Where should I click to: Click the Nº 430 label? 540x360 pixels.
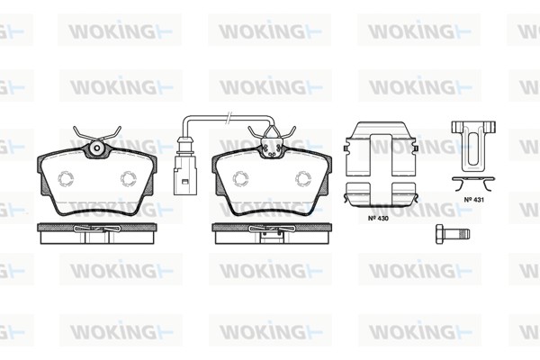tap(378, 218)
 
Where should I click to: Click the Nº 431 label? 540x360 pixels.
tap(473, 200)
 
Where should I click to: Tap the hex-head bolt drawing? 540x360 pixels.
tap(453, 234)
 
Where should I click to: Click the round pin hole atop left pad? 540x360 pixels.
tap(97, 148)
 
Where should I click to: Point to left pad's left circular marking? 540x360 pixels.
tap(66, 179)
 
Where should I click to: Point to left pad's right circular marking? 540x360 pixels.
tap(128, 179)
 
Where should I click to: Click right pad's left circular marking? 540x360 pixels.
tap(240, 179)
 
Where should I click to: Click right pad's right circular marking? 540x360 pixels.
tap(303, 179)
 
